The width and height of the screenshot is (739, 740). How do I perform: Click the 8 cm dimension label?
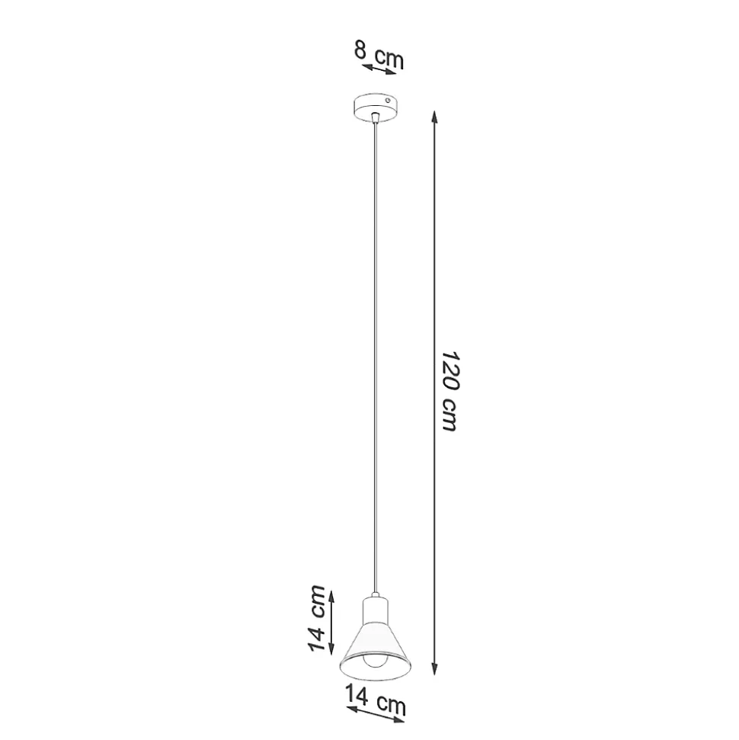coord(379,54)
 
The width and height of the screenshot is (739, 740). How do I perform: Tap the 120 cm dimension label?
coord(449,391)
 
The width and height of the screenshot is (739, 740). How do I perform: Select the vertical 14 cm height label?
coord(317,618)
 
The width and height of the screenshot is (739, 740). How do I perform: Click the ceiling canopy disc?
coord(376,107)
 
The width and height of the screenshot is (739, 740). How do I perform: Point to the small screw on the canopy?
coord(388,100)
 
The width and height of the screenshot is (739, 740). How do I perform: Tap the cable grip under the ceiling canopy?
coord(375,117)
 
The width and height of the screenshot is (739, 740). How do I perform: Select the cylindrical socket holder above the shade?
coord(375,612)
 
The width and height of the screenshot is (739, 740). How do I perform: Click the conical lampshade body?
coord(376,652)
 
